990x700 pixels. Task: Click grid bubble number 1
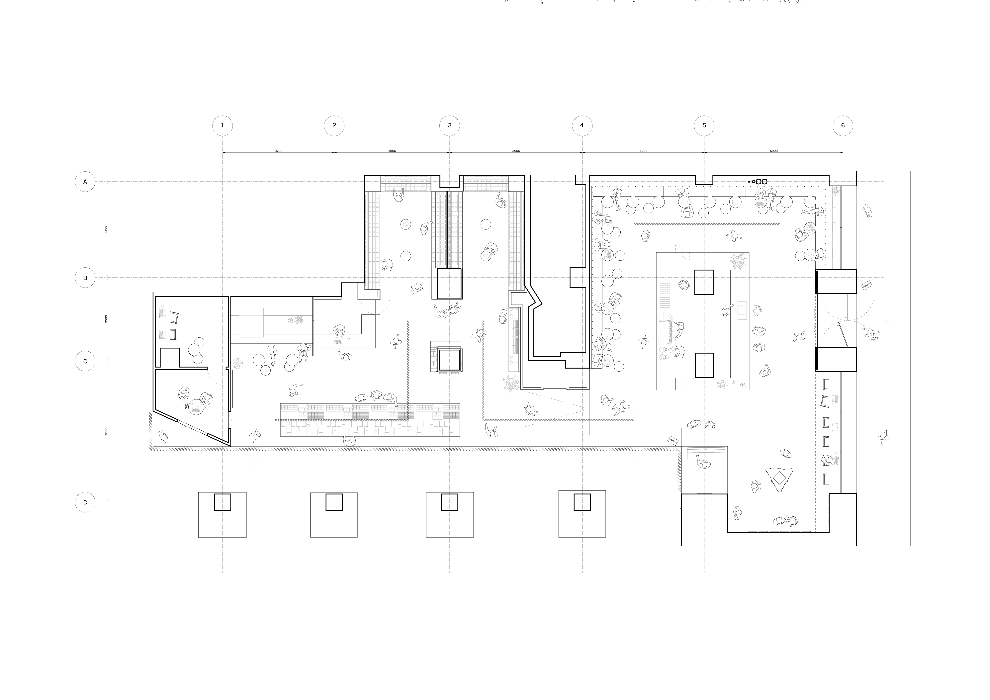[223, 126]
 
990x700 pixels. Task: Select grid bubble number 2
[334, 126]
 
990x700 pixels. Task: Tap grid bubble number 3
[450, 126]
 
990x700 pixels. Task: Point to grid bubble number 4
[582, 126]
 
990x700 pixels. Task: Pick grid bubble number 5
[705, 126]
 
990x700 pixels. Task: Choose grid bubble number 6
[843, 126]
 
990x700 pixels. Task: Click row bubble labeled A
[85, 182]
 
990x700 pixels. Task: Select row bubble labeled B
[85, 278]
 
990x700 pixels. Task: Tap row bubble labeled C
[85, 361]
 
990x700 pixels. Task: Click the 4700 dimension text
[279, 151]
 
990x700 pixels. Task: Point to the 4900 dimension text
[392, 151]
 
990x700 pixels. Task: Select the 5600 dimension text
[516, 151]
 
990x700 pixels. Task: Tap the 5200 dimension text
[643, 151]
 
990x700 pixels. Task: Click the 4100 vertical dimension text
[107, 230]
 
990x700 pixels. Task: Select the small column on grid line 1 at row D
[223, 502]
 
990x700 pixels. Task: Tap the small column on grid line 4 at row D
[582, 502]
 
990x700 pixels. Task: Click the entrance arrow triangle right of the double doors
[888, 320]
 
